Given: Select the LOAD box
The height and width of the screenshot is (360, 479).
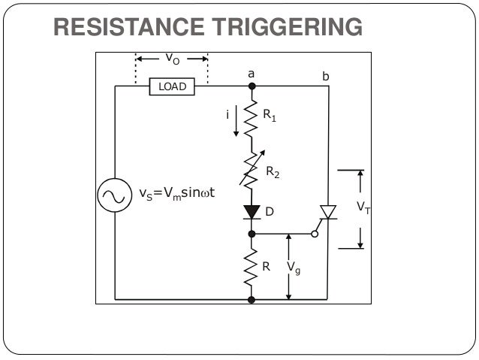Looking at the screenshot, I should point(172,87).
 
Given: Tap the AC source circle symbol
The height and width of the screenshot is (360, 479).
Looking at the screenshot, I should point(115,196).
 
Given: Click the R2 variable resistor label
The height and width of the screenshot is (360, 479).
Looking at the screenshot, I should point(273,171).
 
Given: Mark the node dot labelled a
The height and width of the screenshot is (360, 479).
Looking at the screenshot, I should point(252,86).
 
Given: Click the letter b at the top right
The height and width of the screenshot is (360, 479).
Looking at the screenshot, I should point(325,76).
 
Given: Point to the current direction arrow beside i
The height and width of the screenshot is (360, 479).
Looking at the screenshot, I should point(236,123).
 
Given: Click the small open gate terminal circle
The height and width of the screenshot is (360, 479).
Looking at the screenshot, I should point(315,234).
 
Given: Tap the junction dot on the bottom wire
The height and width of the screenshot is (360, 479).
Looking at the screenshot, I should point(252,299).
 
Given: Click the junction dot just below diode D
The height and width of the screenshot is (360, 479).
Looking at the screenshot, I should point(252,234).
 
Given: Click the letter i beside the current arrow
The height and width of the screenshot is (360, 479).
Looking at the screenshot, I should point(227,114).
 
